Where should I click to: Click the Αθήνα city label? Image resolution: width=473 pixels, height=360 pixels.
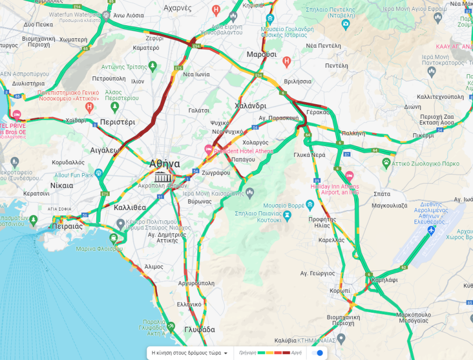164,163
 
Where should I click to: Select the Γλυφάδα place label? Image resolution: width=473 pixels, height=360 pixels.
199,329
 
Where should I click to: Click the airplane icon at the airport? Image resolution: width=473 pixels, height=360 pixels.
431,231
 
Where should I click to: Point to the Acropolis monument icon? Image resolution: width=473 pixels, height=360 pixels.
161,177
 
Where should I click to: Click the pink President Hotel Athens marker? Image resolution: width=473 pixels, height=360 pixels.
209,149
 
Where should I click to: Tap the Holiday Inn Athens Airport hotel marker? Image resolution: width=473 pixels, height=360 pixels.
349,176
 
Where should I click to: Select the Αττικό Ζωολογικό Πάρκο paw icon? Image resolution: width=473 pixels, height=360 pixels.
386,162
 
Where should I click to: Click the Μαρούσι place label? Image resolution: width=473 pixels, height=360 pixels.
261,55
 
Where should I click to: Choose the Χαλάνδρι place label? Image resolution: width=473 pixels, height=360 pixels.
250,106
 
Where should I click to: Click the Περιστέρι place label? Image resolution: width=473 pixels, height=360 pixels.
117,122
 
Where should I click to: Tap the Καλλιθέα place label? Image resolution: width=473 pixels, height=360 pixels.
130,207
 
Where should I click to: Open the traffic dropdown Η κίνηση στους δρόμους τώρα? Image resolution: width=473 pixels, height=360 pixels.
189,353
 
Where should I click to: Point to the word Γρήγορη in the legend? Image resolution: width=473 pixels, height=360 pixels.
247,353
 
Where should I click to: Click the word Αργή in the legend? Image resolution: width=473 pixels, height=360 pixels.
296,353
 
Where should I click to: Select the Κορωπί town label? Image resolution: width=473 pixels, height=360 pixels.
340,291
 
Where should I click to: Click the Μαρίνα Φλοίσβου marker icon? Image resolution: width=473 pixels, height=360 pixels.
114,238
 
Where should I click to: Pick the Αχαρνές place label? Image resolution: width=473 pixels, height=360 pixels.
177,8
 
